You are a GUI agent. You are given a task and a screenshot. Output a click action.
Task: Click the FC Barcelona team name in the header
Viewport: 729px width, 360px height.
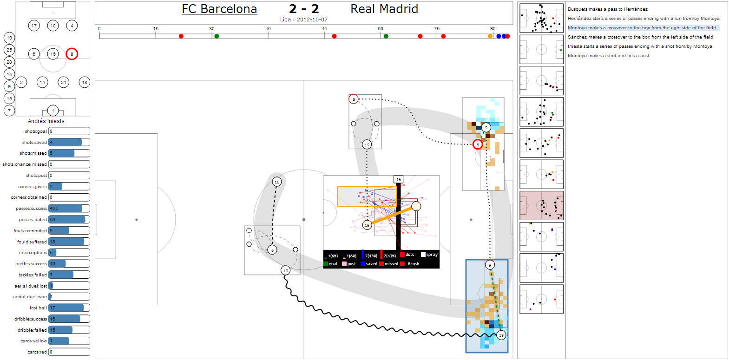219,9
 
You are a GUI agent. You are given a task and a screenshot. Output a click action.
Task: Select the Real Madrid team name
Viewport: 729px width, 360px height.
384,9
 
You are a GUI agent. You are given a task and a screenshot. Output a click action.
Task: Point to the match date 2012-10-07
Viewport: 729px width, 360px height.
312,20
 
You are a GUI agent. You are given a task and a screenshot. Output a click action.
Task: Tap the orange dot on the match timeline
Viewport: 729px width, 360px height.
490,36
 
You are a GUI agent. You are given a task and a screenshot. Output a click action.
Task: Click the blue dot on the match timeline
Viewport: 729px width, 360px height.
499,36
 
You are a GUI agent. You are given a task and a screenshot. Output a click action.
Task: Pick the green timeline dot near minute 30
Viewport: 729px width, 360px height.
217,36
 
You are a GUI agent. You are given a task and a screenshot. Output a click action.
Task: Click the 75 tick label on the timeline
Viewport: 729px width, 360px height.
437,29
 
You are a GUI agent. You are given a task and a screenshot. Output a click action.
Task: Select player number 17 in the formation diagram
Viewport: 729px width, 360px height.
34,26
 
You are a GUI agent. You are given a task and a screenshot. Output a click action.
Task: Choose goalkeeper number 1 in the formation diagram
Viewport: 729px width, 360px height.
53,111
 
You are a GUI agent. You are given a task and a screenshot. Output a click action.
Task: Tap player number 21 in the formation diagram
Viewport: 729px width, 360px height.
64,82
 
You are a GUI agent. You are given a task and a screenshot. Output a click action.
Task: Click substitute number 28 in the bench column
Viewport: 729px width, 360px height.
9,62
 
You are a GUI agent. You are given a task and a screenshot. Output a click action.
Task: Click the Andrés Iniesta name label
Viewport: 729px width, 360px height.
46,121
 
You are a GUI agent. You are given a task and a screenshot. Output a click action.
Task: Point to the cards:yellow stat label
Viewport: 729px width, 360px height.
33,341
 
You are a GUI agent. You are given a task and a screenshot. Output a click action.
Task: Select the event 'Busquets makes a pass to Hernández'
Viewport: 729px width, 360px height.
607,9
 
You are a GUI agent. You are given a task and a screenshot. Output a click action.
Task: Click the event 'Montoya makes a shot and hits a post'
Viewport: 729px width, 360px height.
608,56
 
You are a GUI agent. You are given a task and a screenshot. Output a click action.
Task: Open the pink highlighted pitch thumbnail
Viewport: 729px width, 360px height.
541,205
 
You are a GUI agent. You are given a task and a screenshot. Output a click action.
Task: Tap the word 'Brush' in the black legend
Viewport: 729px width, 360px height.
413,264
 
